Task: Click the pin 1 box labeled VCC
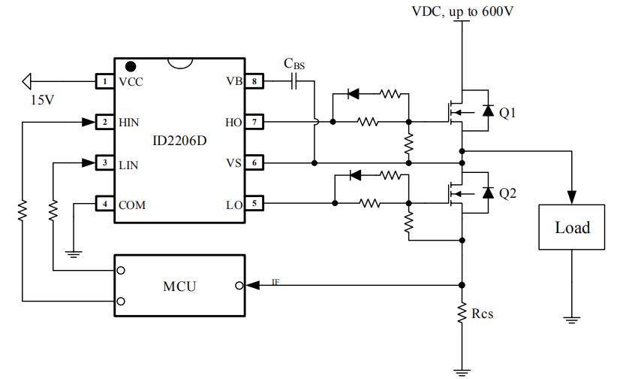(x=105, y=81)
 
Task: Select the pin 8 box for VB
(x=255, y=81)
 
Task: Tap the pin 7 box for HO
(x=255, y=122)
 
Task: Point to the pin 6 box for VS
(x=255, y=162)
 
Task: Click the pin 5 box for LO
(x=255, y=203)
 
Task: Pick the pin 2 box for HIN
(x=105, y=122)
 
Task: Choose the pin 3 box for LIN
(x=105, y=162)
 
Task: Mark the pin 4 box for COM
(x=105, y=204)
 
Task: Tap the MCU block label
(x=180, y=286)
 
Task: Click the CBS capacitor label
(x=294, y=65)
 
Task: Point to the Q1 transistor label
(x=508, y=113)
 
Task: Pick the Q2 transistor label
(x=508, y=194)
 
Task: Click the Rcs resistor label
(x=482, y=313)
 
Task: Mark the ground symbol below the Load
(x=572, y=319)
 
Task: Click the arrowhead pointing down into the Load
(x=572, y=199)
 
